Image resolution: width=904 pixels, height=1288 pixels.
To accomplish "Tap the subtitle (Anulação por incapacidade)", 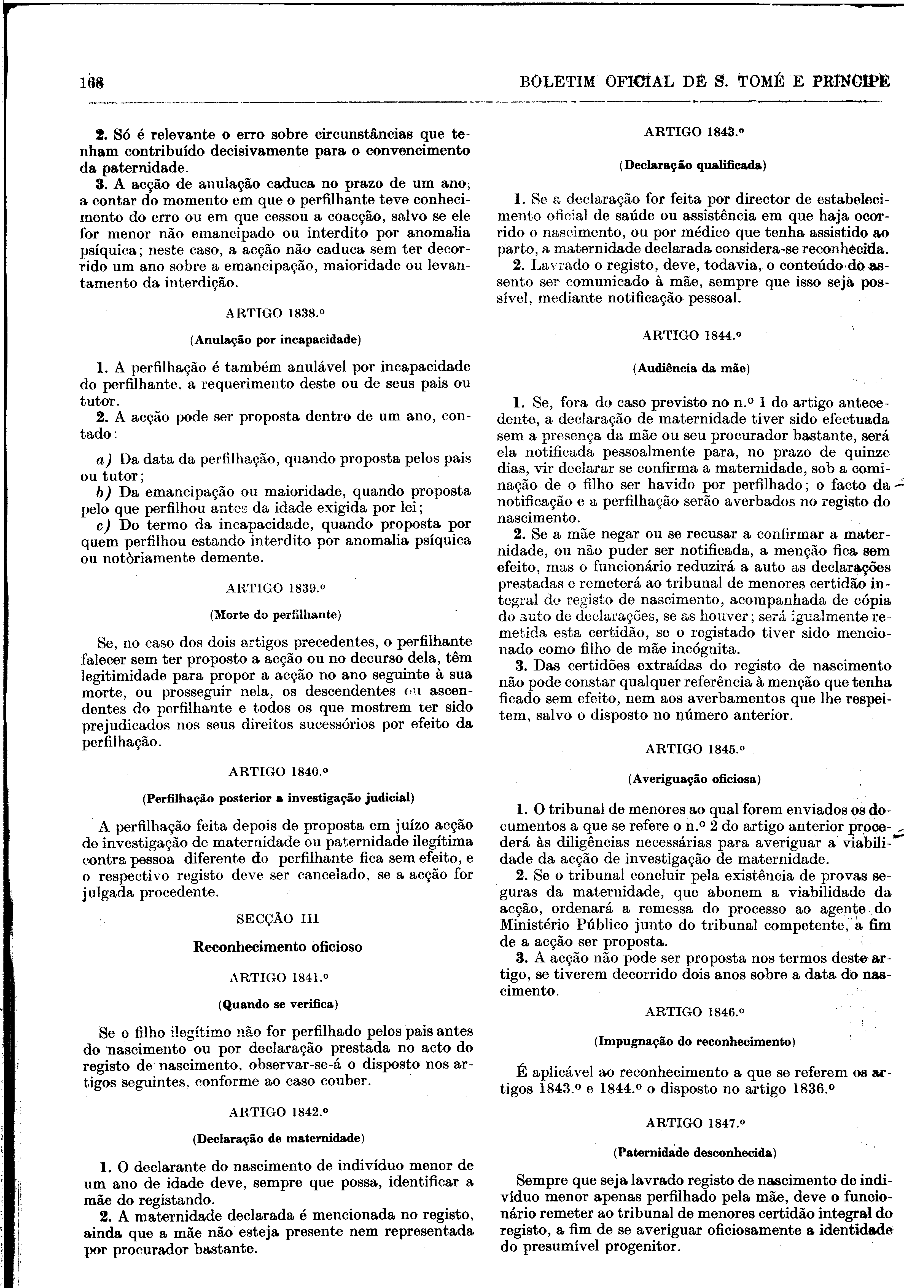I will click(275, 340).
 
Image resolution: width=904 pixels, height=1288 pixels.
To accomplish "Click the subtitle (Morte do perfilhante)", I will click(275, 615).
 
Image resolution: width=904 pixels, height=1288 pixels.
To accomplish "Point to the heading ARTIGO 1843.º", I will click(693, 132).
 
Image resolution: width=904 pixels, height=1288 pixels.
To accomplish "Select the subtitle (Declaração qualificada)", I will click(693, 165).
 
